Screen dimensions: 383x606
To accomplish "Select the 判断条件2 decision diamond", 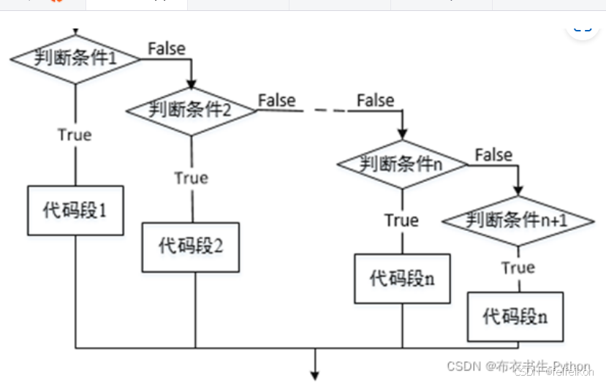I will tap(192, 110).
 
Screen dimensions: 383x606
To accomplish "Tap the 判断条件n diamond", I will tap(401, 164).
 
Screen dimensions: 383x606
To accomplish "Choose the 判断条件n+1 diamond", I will tap(518, 219).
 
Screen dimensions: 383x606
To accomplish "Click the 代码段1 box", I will tap(75, 212).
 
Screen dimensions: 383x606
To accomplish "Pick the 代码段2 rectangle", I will tap(191, 246).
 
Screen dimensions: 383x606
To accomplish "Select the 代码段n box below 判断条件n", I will tap(401, 278).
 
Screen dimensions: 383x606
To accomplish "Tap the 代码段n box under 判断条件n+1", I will tap(516, 316).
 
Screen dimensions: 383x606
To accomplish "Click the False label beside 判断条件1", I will tap(167, 48).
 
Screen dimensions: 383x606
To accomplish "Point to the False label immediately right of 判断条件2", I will tap(276, 100).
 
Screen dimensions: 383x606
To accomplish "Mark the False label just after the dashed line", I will tap(375, 100).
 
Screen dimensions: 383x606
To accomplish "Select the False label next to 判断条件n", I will tap(493, 154).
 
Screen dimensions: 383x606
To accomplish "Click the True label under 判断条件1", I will tap(75, 134).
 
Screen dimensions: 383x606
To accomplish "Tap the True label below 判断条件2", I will tap(191, 178).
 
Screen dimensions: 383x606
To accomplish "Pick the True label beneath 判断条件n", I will tap(401, 220).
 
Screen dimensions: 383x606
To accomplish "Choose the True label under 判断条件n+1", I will tap(518, 268).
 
